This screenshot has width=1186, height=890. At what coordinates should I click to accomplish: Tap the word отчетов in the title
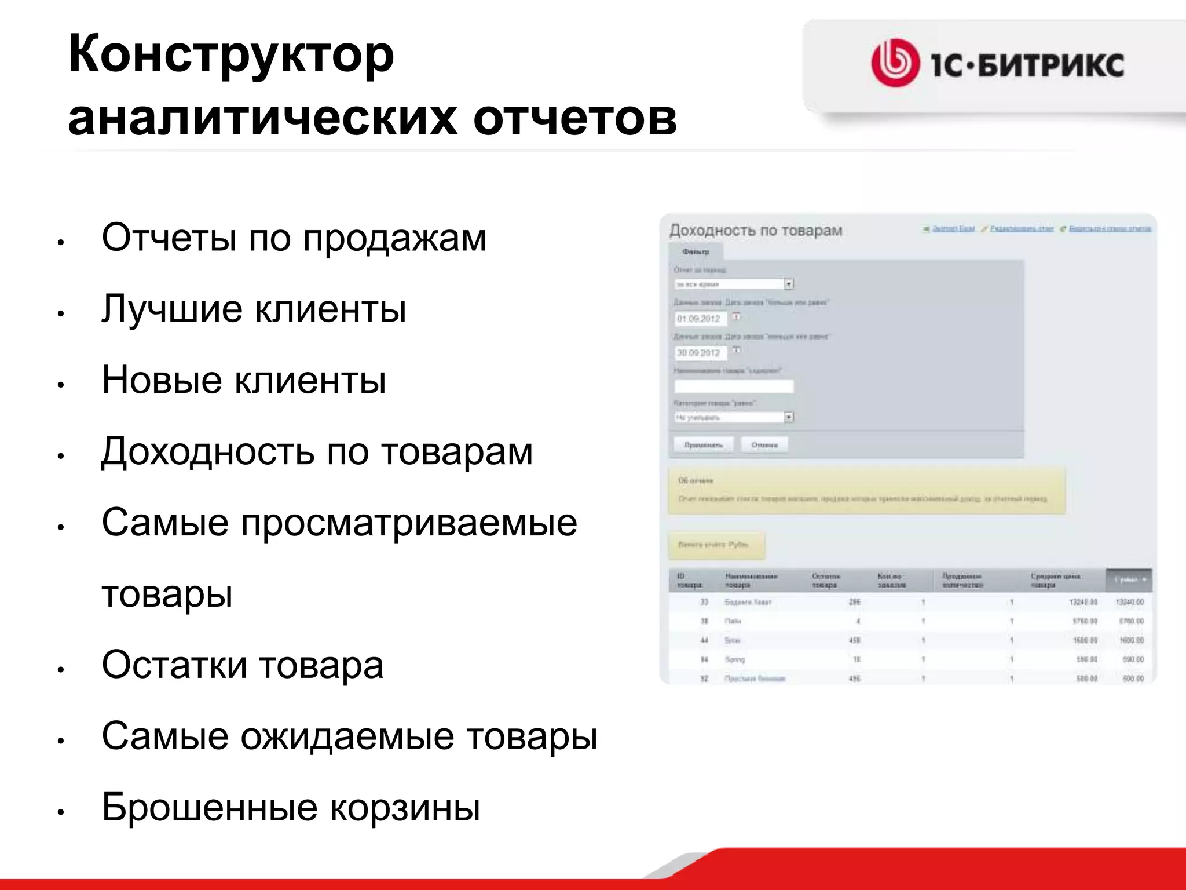click(575, 119)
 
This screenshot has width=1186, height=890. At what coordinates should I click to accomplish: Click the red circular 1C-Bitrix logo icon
click(895, 63)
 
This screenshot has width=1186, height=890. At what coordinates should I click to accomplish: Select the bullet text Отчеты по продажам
click(294, 238)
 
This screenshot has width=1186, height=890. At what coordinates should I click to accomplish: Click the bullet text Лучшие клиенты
click(254, 309)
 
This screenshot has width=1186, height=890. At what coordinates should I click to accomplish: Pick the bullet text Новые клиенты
click(244, 380)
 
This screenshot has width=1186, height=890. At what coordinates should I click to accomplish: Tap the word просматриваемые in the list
click(409, 523)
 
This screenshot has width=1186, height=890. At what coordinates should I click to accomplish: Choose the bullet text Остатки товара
click(243, 665)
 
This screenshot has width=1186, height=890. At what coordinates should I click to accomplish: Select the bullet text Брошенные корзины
click(291, 807)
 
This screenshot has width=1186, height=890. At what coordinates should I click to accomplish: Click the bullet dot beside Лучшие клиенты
click(60, 313)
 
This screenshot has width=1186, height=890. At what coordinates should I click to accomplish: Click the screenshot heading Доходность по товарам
click(756, 231)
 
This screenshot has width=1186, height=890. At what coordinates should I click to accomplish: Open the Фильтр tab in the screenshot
click(696, 251)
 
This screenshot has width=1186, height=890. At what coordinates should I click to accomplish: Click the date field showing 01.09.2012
click(700, 319)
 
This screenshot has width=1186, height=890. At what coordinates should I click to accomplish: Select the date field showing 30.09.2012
click(700, 352)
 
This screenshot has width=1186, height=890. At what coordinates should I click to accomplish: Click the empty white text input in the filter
click(733, 386)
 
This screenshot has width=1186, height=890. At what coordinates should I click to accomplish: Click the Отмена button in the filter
click(764, 445)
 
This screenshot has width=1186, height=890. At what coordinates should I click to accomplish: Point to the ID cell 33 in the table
click(704, 602)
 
